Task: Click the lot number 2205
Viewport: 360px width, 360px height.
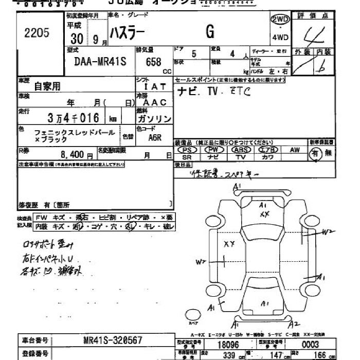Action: pos(37,33)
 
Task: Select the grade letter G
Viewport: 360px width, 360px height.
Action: pos(210,32)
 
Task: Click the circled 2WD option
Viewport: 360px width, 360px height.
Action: pos(280,20)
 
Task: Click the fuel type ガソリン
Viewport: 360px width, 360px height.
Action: pos(155,119)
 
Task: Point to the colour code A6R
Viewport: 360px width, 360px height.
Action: pos(155,138)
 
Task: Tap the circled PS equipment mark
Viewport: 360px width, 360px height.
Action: pos(187,150)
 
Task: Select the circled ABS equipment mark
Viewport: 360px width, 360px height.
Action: pos(240,150)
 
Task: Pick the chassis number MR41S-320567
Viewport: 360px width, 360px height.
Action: pos(113,340)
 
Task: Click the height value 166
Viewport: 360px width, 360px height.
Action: pos(320,354)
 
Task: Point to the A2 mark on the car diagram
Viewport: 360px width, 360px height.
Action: pos(294,324)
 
